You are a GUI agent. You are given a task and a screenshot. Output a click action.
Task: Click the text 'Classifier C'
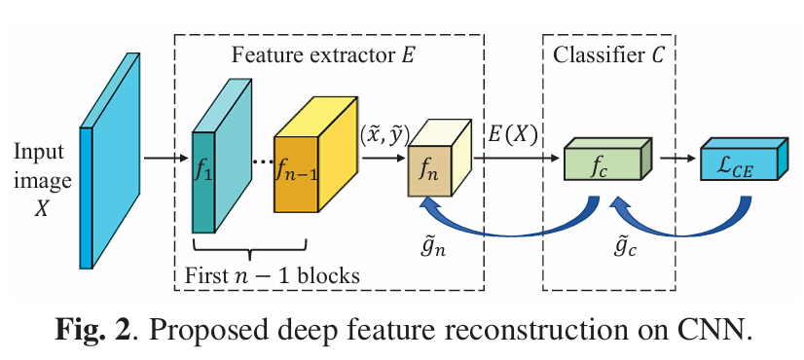(x=608, y=55)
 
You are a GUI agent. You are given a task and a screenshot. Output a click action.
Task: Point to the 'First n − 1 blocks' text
(x=272, y=274)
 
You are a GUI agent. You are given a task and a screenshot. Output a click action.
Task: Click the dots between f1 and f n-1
(x=260, y=162)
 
